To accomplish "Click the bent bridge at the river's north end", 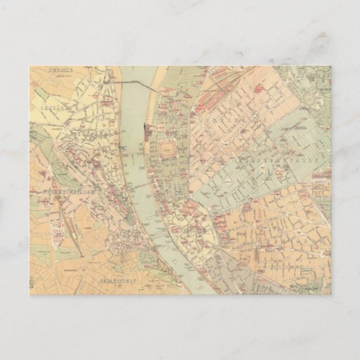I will coord(137,83).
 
